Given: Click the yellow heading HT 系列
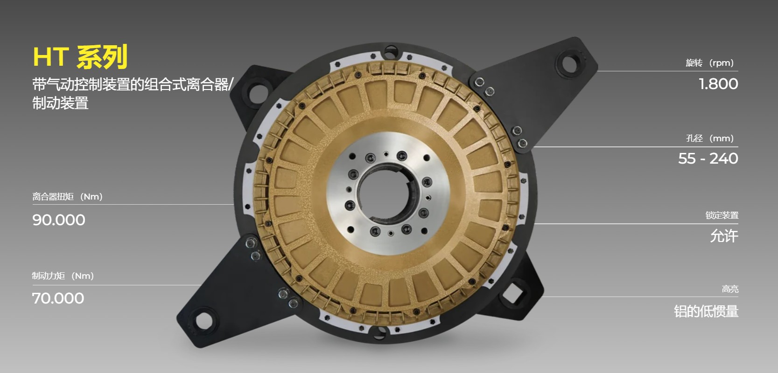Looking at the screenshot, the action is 80,56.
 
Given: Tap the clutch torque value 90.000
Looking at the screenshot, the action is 59,220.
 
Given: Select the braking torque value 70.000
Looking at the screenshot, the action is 58,298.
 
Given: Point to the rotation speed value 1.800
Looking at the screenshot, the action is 718,84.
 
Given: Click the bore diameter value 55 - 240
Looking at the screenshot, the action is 708,159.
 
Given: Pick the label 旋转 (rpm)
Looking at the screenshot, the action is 709,63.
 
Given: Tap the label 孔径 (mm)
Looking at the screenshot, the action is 710,138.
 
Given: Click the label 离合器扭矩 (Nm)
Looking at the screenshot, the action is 67,197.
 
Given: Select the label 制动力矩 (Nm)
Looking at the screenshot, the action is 63,276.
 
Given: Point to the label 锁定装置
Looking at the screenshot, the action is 722,215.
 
